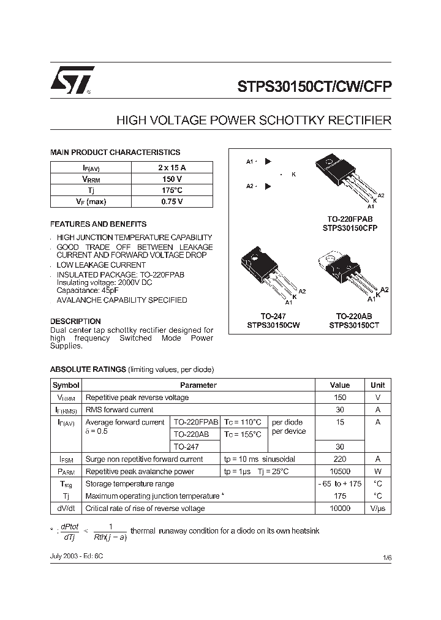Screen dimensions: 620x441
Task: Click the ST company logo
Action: [72, 80]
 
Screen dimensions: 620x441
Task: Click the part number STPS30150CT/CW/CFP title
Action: [314, 86]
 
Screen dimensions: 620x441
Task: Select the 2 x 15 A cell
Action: [171, 167]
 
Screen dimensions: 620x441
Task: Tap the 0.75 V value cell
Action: [171, 202]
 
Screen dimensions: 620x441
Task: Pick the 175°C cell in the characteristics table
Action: [171, 191]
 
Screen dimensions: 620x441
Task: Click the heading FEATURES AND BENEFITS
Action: [98, 224]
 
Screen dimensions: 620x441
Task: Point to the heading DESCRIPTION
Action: [75, 321]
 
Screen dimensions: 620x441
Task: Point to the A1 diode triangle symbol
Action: [268, 162]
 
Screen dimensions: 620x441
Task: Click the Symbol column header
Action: [66, 385]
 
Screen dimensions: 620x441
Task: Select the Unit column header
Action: [378, 385]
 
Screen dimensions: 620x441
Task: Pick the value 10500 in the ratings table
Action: [340, 472]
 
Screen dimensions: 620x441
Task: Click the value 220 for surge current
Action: [340, 459]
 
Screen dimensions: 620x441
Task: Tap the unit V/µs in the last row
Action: [378, 508]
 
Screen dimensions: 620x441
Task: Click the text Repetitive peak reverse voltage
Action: [137, 398]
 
